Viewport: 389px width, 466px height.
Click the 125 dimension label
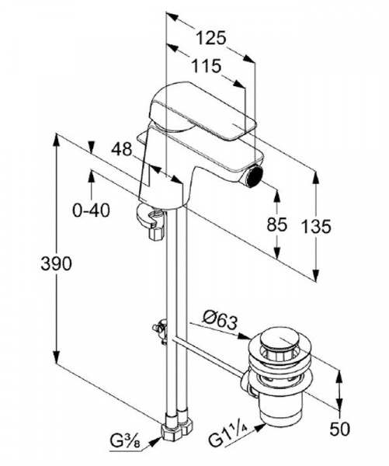(x=211, y=38)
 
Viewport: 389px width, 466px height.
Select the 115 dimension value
(x=207, y=66)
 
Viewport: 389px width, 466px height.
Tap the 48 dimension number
(x=122, y=149)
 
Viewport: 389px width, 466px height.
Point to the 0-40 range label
(x=91, y=210)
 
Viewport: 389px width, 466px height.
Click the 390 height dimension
(x=56, y=263)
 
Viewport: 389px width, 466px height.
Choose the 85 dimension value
(x=277, y=224)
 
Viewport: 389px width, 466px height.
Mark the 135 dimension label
(x=316, y=227)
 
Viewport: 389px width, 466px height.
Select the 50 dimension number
(x=339, y=429)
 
